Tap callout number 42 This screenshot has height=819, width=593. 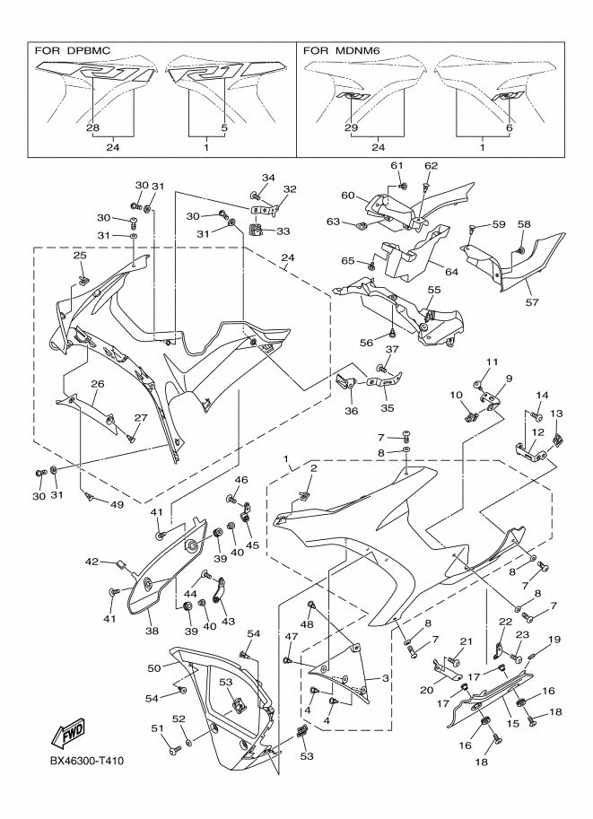coord(91,562)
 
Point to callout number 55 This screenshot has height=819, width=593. coord(433,291)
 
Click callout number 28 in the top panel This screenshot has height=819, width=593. coord(93,128)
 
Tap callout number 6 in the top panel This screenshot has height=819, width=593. coord(508,128)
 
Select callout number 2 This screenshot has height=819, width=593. coord(314,468)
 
